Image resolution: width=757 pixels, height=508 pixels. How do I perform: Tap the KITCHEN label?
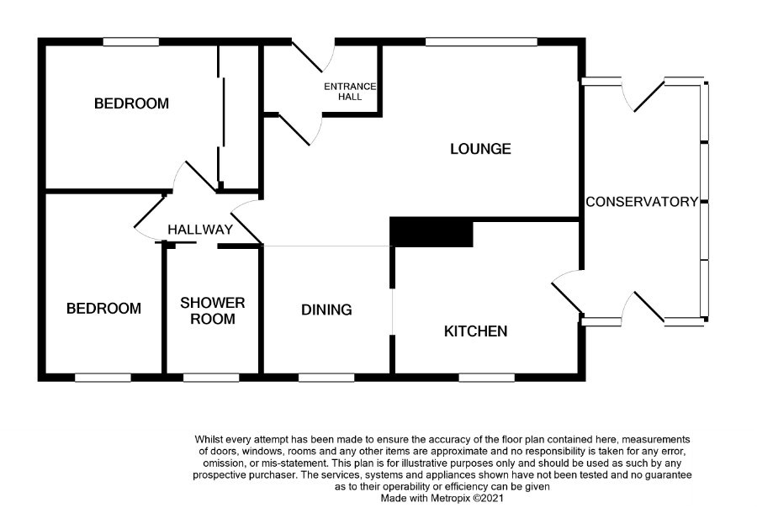point(475,331)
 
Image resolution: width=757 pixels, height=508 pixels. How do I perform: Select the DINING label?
point(326,310)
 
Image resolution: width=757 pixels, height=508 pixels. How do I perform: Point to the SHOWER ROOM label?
point(212,310)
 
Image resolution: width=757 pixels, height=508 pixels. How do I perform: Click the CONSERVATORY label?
point(642,201)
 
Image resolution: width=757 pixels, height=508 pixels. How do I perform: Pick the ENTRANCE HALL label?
point(350,91)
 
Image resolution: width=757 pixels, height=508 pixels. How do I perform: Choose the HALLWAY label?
point(199,230)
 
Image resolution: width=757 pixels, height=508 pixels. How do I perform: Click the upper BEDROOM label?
point(131,103)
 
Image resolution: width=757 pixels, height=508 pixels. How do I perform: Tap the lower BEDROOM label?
point(103,308)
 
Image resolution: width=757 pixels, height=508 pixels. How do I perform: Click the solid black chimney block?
point(431,232)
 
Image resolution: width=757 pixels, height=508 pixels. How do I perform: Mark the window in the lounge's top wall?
point(481,41)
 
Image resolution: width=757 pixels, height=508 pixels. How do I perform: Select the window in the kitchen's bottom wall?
point(487,377)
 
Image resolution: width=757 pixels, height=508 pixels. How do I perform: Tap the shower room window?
point(211,377)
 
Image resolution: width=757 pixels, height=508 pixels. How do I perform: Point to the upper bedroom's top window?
point(131,41)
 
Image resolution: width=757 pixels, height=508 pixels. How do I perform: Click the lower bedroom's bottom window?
point(103,377)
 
